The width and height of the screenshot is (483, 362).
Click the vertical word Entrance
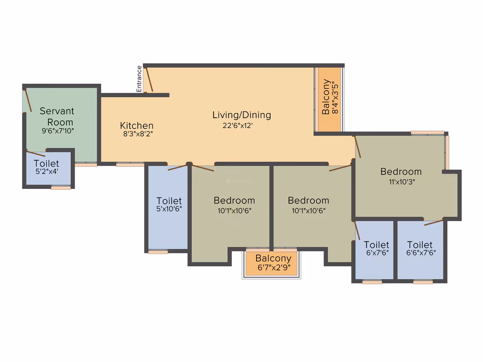click(139, 79)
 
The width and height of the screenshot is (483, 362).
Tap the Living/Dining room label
click(242, 115)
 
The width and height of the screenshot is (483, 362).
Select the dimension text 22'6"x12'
click(238, 125)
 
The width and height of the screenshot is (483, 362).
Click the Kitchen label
click(137, 126)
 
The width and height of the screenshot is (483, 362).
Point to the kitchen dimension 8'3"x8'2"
click(138, 134)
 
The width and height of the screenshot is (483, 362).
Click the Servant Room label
click(57, 117)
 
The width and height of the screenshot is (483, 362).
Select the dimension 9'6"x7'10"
click(58, 131)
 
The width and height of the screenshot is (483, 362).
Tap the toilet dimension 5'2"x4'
click(47, 171)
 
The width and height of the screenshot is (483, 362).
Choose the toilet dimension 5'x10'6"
click(169, 209)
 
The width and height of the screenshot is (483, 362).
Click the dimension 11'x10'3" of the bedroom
click(402, 181)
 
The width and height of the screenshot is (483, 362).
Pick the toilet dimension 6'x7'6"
click(377, 253)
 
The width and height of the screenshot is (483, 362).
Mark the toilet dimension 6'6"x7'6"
click(421, 253)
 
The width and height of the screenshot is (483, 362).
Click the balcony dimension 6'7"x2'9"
click(274, 268)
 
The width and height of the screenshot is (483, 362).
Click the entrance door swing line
click(149, 80)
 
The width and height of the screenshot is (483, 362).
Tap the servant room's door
click(28, 100)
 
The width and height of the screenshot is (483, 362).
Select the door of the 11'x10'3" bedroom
click(358, 147)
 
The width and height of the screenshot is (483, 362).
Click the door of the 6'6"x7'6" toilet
click(434, 223)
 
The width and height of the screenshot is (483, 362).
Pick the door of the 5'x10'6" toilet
click(177, 168)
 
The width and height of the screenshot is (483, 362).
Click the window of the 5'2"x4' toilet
click(61, 188)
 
